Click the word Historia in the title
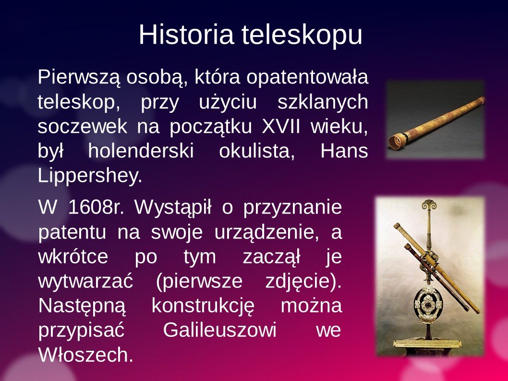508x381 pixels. point(186,34)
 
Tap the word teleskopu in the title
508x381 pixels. point(302,35)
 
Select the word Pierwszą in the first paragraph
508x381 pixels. point(79,78)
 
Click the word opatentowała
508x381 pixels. point(307,77)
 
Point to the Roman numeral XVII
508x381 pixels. point(281,126)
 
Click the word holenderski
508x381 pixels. point(141,151)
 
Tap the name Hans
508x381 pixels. point(344,151)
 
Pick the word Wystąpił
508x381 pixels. point(173,207)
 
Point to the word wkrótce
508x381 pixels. point(73,256)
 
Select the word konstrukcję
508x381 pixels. point(203,306)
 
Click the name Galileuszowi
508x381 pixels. point(219,330)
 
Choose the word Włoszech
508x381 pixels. point(85,355)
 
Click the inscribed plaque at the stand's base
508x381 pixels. point(427,343)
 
